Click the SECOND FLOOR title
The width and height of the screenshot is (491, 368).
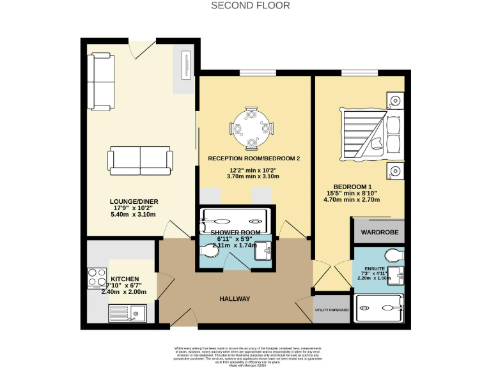(251, 6)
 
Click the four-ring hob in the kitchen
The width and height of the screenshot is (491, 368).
(97, 279)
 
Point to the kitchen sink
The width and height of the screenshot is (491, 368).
(128, 313)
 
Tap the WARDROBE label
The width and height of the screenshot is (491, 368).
(379, 231)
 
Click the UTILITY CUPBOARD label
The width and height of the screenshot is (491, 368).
(332, 310)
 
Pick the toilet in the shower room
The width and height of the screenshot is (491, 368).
(211, 251)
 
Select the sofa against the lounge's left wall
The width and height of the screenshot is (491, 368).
(100, 80)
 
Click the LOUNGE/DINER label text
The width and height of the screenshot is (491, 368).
(134, 202)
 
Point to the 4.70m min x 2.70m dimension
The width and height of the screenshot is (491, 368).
(352, 199)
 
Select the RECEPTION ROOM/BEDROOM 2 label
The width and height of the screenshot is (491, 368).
(254, 158)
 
